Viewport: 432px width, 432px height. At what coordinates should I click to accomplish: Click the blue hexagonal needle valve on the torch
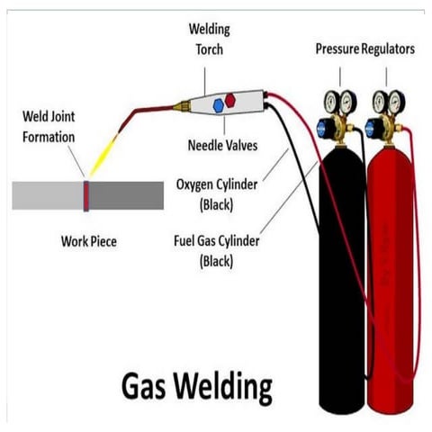[219, 105]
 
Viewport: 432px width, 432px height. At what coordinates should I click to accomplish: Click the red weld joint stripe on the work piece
[86, 194]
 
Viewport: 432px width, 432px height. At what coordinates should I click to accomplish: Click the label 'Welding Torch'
[207, 39]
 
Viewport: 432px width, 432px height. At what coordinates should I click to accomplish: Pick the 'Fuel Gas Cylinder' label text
[217, 242]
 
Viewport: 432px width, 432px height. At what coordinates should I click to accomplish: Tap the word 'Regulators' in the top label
[390, 49]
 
